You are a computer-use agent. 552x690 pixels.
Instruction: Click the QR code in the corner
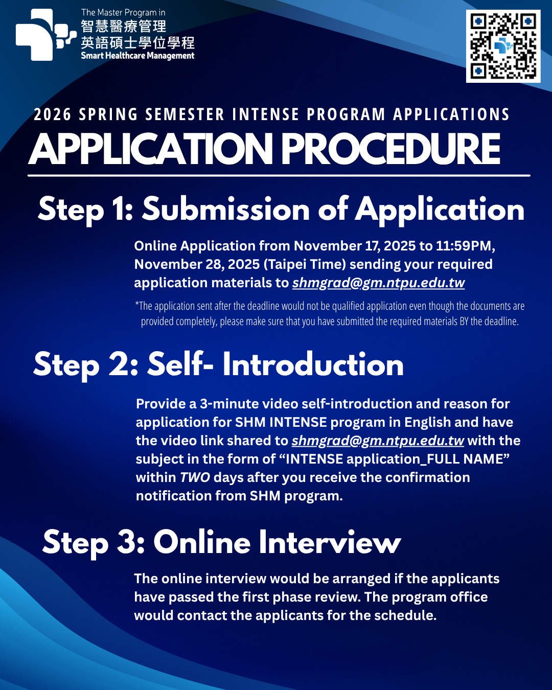(503, 46)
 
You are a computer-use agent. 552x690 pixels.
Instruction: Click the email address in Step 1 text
(378, 283)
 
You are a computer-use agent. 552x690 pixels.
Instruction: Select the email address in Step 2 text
(378, 441)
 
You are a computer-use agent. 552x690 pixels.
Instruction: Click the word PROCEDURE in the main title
(390, 149)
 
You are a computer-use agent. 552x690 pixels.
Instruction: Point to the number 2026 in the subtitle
(52, 114)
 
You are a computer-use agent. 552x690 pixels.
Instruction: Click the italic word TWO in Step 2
(195, 477)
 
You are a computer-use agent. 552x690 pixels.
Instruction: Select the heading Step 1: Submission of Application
(281, 210)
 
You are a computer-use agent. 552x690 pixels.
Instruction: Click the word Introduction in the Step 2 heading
(313, 365)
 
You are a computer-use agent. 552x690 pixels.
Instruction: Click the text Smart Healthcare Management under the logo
(137, 56)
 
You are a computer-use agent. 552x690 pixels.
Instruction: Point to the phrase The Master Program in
(123, 12)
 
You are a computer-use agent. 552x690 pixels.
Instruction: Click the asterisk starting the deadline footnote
(137, 305)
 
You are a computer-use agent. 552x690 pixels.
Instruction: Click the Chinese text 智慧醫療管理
(123, 27)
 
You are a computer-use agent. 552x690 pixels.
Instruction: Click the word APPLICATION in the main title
(151, 149)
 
